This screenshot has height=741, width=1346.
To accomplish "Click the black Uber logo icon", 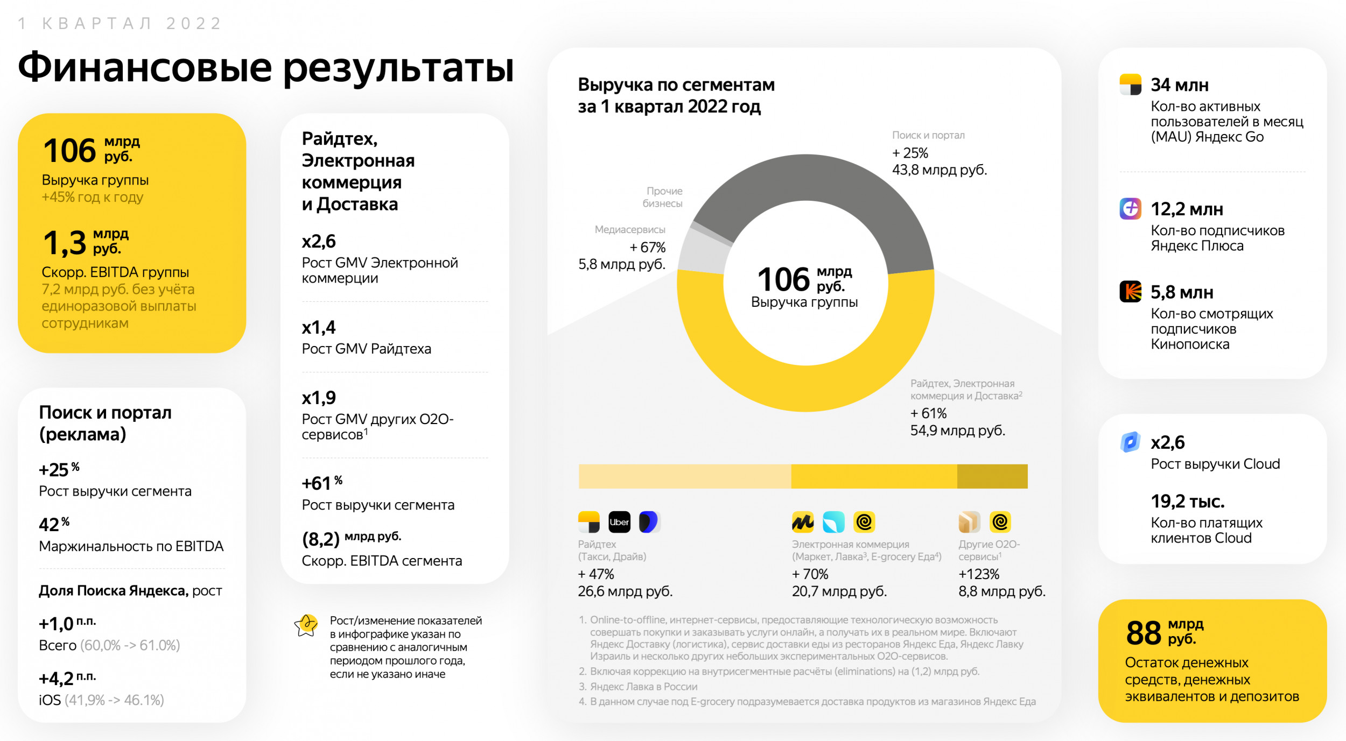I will (619, 522).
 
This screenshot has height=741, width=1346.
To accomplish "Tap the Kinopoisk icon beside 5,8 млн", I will (1130, 292).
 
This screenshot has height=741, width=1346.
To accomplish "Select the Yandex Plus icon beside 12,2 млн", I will (1130, 208).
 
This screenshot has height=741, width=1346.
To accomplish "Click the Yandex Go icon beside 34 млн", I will (1130, 84).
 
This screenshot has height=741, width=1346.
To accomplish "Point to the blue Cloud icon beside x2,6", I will (1130, 442).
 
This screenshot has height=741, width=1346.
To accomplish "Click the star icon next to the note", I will (306, 626).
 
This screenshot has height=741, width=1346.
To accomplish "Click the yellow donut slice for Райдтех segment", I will (805, 387).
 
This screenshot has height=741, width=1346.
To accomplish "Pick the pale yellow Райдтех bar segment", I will (684, 476).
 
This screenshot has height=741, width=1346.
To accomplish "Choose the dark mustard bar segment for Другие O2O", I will (992, 476).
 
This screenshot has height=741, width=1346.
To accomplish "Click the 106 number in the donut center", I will (783, 279).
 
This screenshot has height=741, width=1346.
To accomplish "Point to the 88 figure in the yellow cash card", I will (1144, 633).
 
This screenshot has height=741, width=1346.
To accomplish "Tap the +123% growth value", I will (979, 574).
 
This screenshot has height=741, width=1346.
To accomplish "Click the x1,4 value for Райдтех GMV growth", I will (319, 327).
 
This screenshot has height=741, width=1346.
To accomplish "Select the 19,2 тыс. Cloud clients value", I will (1188, 502).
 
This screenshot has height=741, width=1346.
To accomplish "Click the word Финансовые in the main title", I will (145, 67).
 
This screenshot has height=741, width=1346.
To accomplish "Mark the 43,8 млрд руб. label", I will (940, 170).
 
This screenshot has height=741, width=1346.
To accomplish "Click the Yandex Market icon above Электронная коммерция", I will (802, 522).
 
